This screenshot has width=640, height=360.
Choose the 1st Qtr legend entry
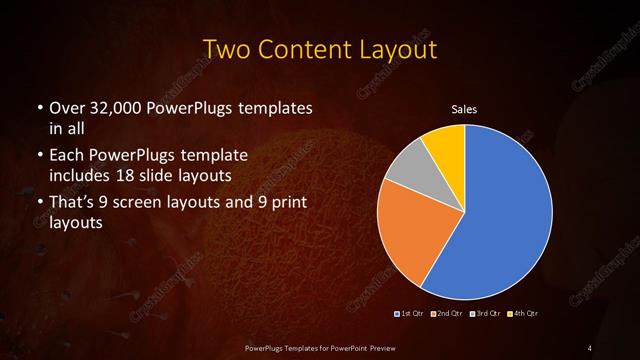click(x=410, y=314)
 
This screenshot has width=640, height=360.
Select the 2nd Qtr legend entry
click(x=445, y=314)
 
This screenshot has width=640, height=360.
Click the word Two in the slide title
click(x=228, y=49)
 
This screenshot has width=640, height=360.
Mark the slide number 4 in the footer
click(x=591, y=347)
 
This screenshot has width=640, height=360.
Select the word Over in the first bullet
click(x=65, y=107)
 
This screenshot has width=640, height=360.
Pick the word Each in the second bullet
click(x=66, y=157)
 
